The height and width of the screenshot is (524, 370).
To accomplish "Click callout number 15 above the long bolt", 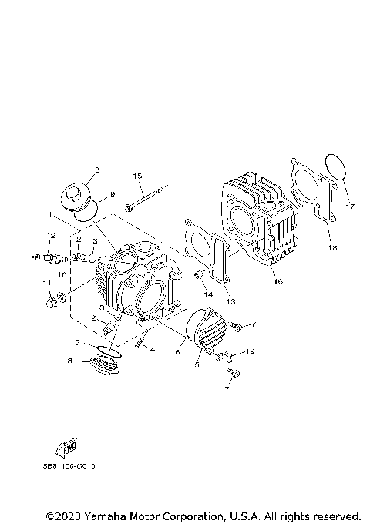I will click(138, 176).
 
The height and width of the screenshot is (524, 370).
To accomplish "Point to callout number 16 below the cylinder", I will click(278, 282).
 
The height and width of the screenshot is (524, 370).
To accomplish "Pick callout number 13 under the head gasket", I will click(230, 301).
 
